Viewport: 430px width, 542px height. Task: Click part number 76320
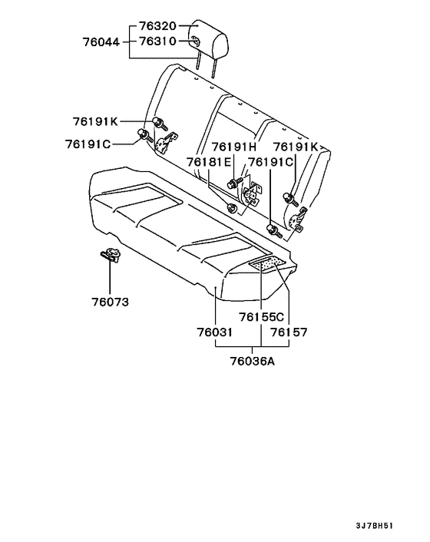coord(157,26)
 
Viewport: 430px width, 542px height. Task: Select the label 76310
coord(157,41)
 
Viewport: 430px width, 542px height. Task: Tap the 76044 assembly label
coord(101,42)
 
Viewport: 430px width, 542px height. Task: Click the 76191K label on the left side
coord(95,121)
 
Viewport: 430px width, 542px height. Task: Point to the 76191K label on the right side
coord(296,147)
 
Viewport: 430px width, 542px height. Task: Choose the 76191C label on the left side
coord(88,144)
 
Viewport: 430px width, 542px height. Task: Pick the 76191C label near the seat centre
coord(271,162)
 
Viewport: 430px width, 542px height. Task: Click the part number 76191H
coord(234,147)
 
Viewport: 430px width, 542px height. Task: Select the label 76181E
coord(209,162)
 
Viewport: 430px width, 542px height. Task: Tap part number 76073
coord(111,302)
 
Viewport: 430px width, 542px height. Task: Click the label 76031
coord(215,332)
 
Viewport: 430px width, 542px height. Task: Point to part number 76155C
coord(262,317)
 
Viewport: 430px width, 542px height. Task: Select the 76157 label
coord(289,332)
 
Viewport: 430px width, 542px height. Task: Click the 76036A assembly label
coord(253,362)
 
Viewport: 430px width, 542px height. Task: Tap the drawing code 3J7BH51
coord(375,526)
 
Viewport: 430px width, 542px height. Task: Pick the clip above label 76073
coord(110,255)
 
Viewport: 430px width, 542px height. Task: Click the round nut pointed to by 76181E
coord(231,209)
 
